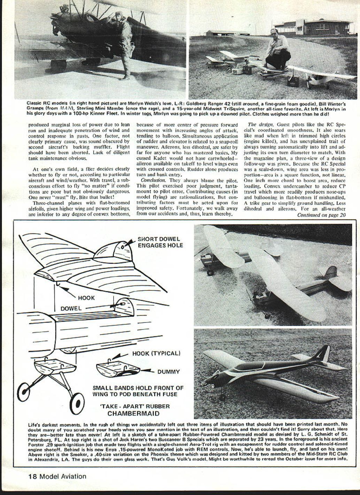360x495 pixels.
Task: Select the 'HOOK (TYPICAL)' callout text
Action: click(156, 354)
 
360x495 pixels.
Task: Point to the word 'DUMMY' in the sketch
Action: click(169, 372)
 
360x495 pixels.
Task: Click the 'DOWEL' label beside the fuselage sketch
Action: click(71, 309)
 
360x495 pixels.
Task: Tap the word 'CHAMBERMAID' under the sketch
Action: click(133, 413)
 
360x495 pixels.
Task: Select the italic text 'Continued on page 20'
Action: click(321, 215)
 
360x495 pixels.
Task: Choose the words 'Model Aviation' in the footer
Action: click(63, 477)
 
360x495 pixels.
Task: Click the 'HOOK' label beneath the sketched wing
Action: click(86, 298)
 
